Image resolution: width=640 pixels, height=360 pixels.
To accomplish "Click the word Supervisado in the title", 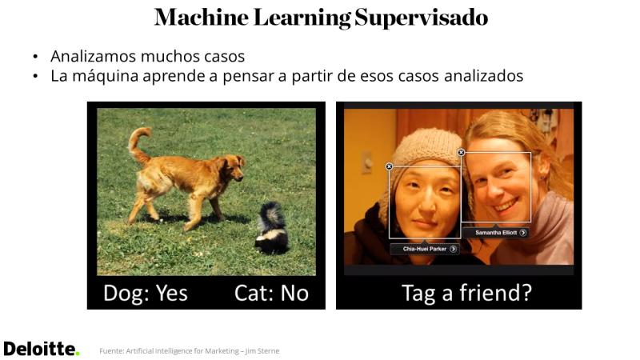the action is coord(422,18).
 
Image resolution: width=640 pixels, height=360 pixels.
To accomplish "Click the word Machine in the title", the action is coord(202,18).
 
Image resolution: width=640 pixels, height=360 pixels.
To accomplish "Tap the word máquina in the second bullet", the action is coord(106,76).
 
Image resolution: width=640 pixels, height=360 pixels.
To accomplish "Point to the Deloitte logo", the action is coord(42,349).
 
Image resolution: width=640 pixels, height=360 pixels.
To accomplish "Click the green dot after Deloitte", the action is coord(78,354).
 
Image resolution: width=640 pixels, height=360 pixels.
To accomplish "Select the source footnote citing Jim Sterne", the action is coord(190,351).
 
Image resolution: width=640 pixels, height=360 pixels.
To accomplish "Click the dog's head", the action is coord(233,166).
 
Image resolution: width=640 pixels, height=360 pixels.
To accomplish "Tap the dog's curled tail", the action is coord(138,145).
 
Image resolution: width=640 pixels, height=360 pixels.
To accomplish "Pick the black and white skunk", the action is coord(271,229).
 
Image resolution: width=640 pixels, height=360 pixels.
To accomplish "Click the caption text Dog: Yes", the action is coord(146,293).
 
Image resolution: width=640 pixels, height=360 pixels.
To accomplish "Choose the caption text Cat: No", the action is coord(271,293).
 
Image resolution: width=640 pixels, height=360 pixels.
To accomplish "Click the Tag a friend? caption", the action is coord(467,293).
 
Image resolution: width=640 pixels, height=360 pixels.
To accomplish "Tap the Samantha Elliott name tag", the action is coord(496,232).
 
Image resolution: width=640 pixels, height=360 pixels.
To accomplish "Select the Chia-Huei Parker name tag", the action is coord(425,249).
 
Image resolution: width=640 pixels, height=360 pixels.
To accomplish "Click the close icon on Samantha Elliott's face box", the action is coord(462,152).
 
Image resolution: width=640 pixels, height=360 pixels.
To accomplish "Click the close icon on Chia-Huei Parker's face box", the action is coord(389,166).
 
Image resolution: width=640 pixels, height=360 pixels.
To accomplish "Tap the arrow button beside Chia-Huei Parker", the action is coord(453,249).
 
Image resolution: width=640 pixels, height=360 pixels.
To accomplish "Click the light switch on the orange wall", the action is coord(367,162).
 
